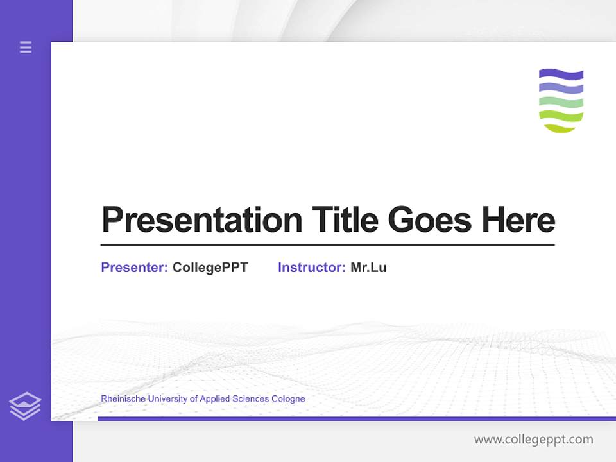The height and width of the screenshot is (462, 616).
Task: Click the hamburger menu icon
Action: click(26, 47)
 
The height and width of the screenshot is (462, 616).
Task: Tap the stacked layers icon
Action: click(25, 406)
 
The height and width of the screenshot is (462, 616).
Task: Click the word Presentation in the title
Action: click(202, 220)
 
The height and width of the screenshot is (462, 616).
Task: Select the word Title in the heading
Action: click(345, 220)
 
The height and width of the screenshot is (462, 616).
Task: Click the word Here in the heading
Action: click(518, 220)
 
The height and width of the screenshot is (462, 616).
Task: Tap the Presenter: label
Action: click(134, 268)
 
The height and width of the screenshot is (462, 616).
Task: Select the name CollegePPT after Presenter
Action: click(210, 268)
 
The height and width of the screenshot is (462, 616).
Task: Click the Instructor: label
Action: click(311, 268)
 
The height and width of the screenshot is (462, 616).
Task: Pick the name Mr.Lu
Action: click(368, 268)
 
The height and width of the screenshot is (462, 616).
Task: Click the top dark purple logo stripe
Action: click(561, 74)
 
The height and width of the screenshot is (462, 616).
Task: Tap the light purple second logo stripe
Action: click(561, 88)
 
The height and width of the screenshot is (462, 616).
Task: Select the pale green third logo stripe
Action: click(561, 102)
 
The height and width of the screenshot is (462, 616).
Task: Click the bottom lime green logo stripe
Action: click(561, 118)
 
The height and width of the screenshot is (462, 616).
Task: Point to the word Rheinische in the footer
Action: click(123, 399)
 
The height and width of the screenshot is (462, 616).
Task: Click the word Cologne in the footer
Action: click(289, 399)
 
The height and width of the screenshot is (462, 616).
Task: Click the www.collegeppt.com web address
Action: click(533, 440)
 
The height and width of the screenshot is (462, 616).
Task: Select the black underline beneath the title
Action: click(327, 245)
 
